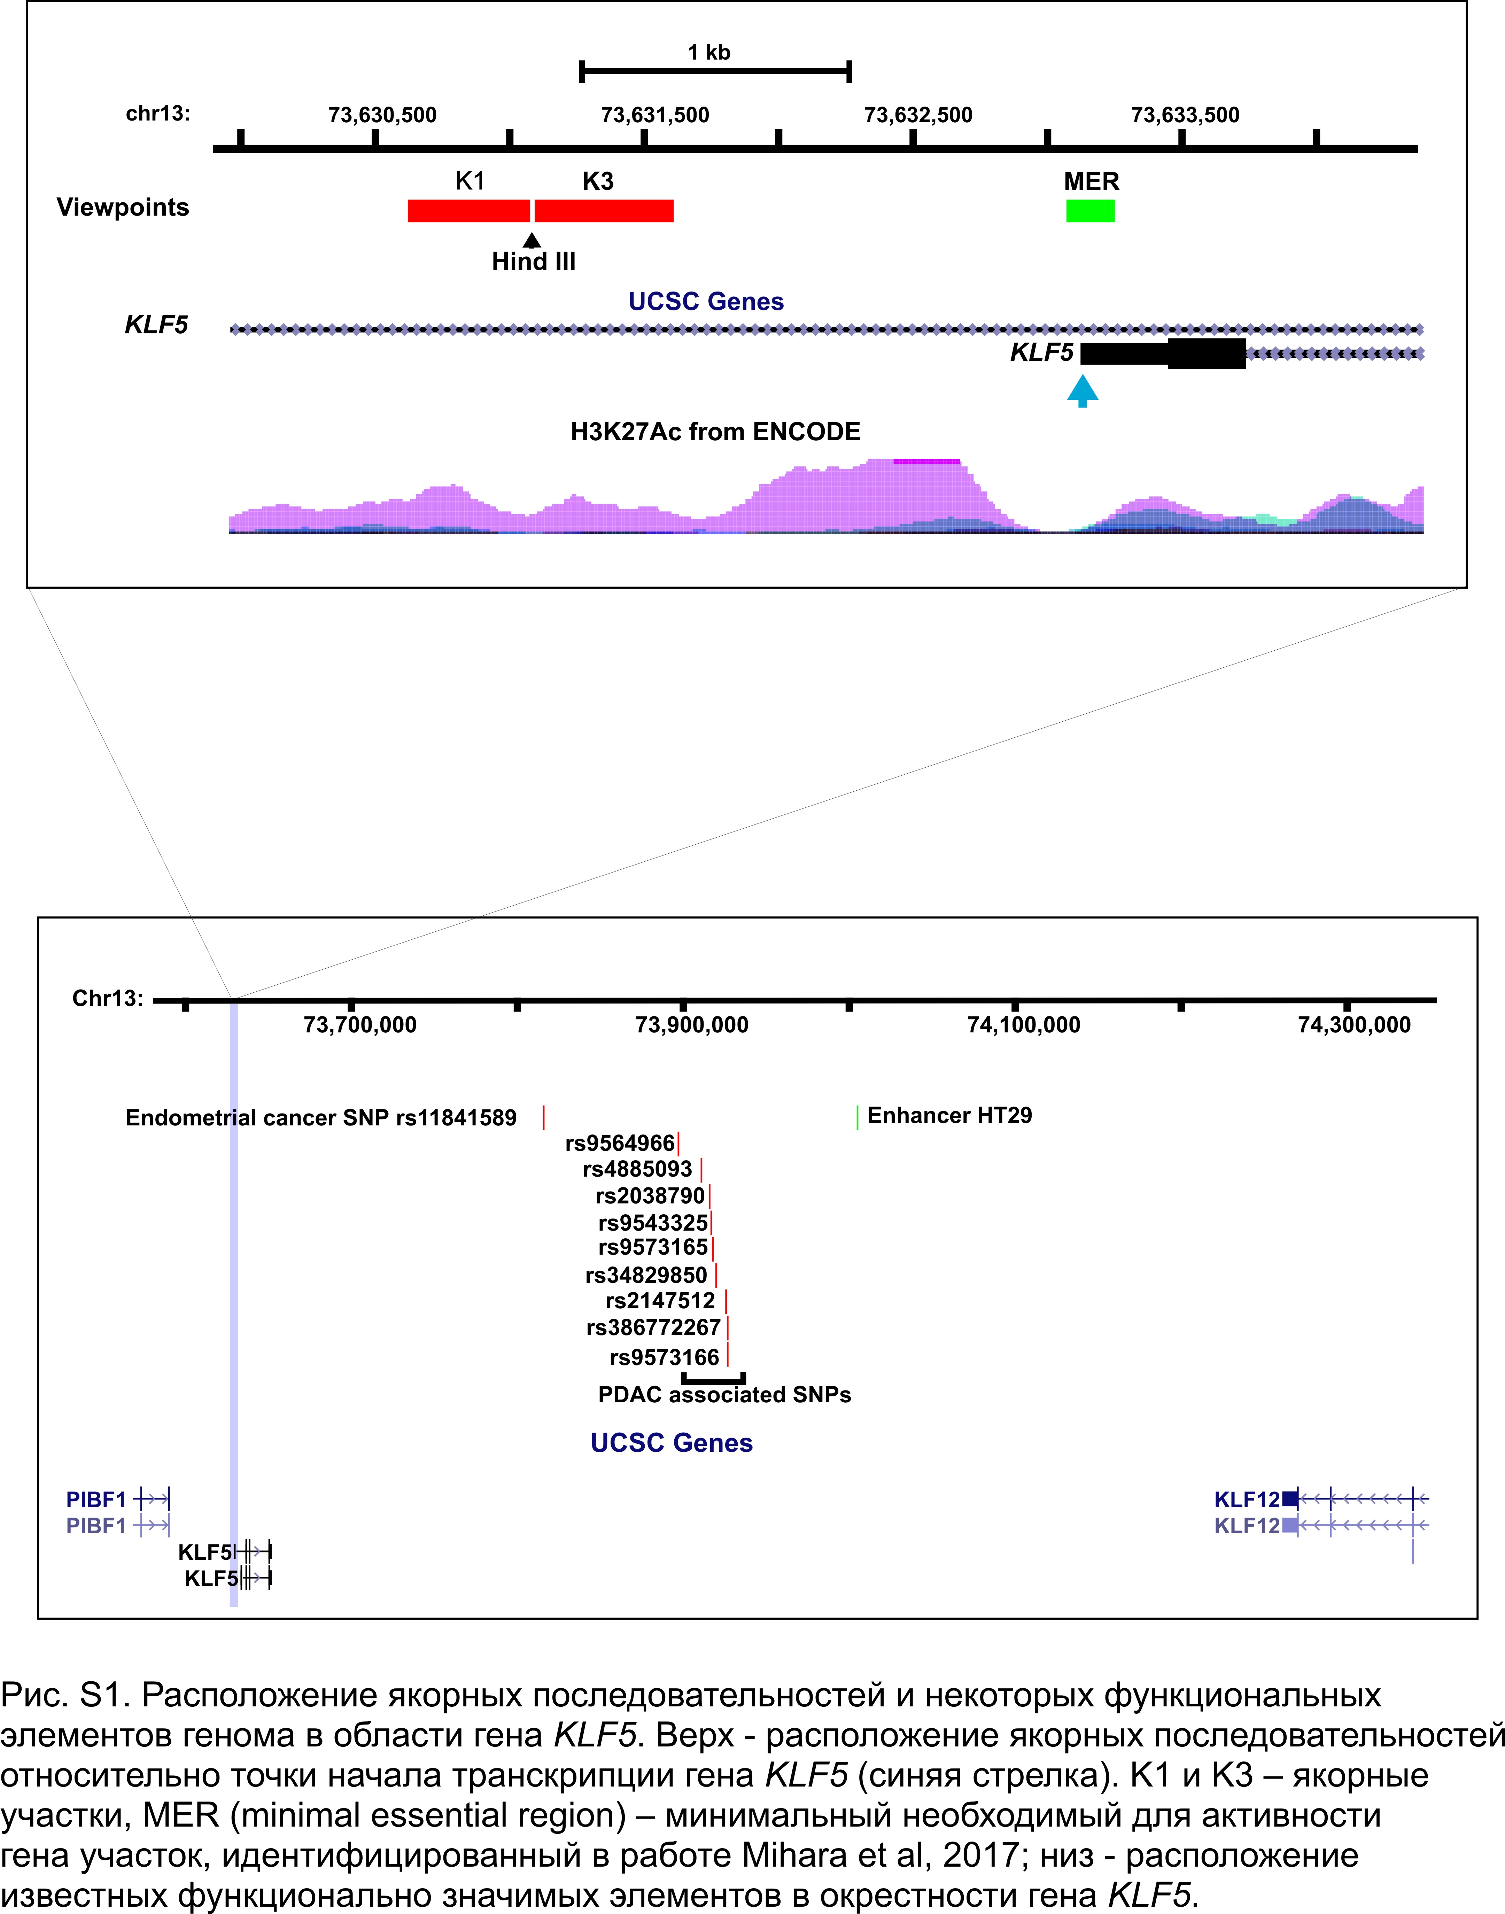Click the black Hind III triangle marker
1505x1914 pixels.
pos(532,240)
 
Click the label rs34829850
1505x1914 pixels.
pos(646,1275)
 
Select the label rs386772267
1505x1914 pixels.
pos(653,1327)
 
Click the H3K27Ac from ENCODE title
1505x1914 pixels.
pos(715,432)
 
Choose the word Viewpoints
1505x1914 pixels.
pos(123,208)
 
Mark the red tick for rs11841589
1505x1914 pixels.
pos(544,1117)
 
